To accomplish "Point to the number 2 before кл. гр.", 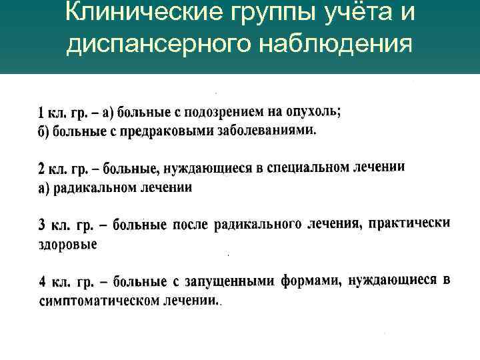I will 41,169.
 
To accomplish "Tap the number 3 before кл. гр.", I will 41,225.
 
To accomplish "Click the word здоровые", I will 67,244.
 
